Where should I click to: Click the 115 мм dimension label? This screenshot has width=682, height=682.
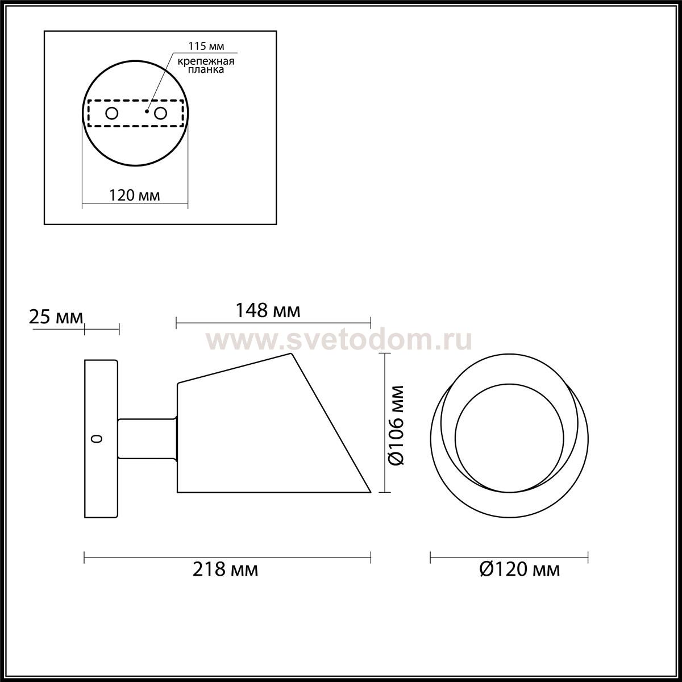click(x=206, y=47)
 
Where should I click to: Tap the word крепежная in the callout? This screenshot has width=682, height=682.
click(x=206, y=61)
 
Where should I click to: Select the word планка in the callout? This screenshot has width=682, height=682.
click(x=206, y=69)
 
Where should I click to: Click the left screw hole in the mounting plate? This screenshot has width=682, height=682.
click(x=112, y=114)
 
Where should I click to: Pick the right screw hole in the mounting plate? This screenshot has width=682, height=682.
click(x=160, y=114)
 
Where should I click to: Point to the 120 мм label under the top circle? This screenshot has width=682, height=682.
click(x=134, y=196)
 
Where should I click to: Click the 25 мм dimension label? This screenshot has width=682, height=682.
click(x=56, y=317)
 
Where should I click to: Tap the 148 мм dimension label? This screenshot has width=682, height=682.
click(x=268, y=311)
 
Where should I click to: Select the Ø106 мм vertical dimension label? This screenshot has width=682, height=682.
click(x=396, y=425)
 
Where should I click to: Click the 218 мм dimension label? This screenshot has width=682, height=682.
click(x=226, y=569)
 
